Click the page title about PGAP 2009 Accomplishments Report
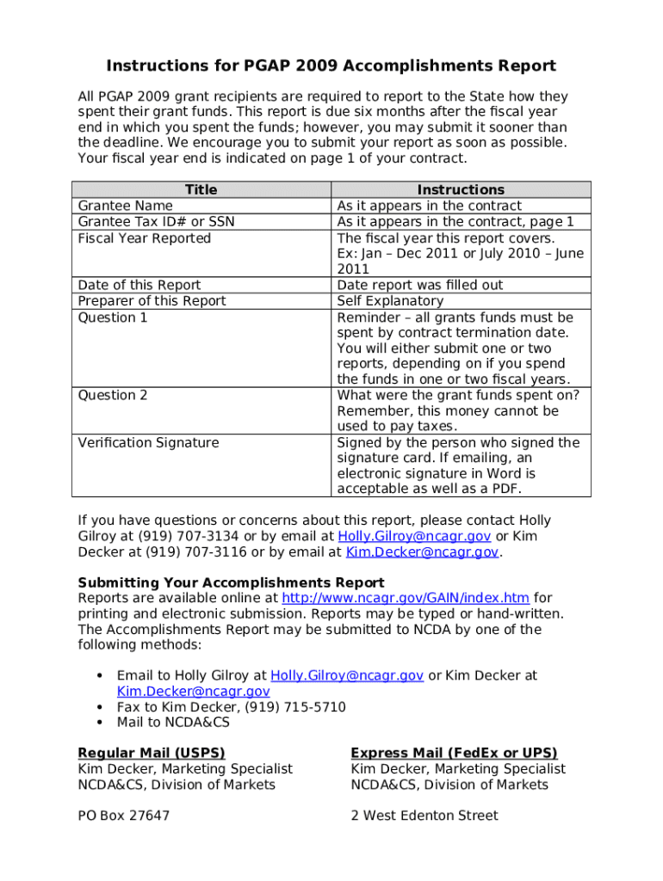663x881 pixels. coord(331,66)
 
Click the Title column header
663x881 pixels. coord(201,189)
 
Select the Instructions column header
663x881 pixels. coord(461,189)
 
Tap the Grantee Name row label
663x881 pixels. coord(125,206)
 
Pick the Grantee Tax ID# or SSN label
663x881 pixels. coord(156,222)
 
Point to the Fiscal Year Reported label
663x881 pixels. coord(144,238)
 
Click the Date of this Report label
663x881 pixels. coord(139,285)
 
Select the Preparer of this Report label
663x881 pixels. coord(152,301)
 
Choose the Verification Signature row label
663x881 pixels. coord(148,442)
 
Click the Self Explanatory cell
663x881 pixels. coord(390,301)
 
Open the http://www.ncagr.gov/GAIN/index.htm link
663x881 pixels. coord(406,598)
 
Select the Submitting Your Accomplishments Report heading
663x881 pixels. coord(231,582)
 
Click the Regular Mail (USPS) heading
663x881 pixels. coord(152,753)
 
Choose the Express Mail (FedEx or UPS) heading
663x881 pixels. coord(454,753)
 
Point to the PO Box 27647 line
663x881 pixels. coord(123,816)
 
